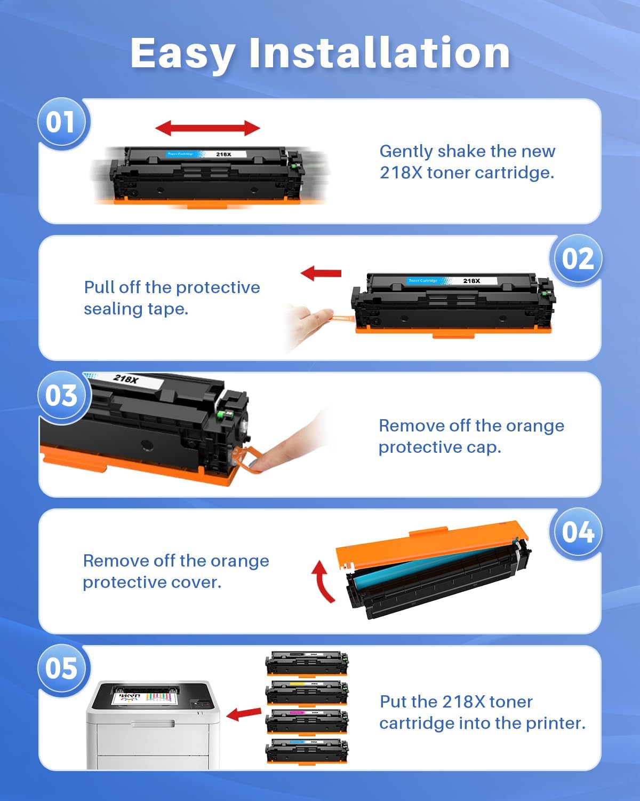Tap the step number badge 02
pos(577,259)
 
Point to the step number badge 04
pos(577,532)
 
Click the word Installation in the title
pos(379,53)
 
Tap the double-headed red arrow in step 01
pos(207,128)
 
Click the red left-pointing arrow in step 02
pos(321,273)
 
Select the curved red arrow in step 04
pos(323,581)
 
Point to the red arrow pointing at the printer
pos(244,713)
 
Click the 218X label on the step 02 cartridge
pos(471,281)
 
